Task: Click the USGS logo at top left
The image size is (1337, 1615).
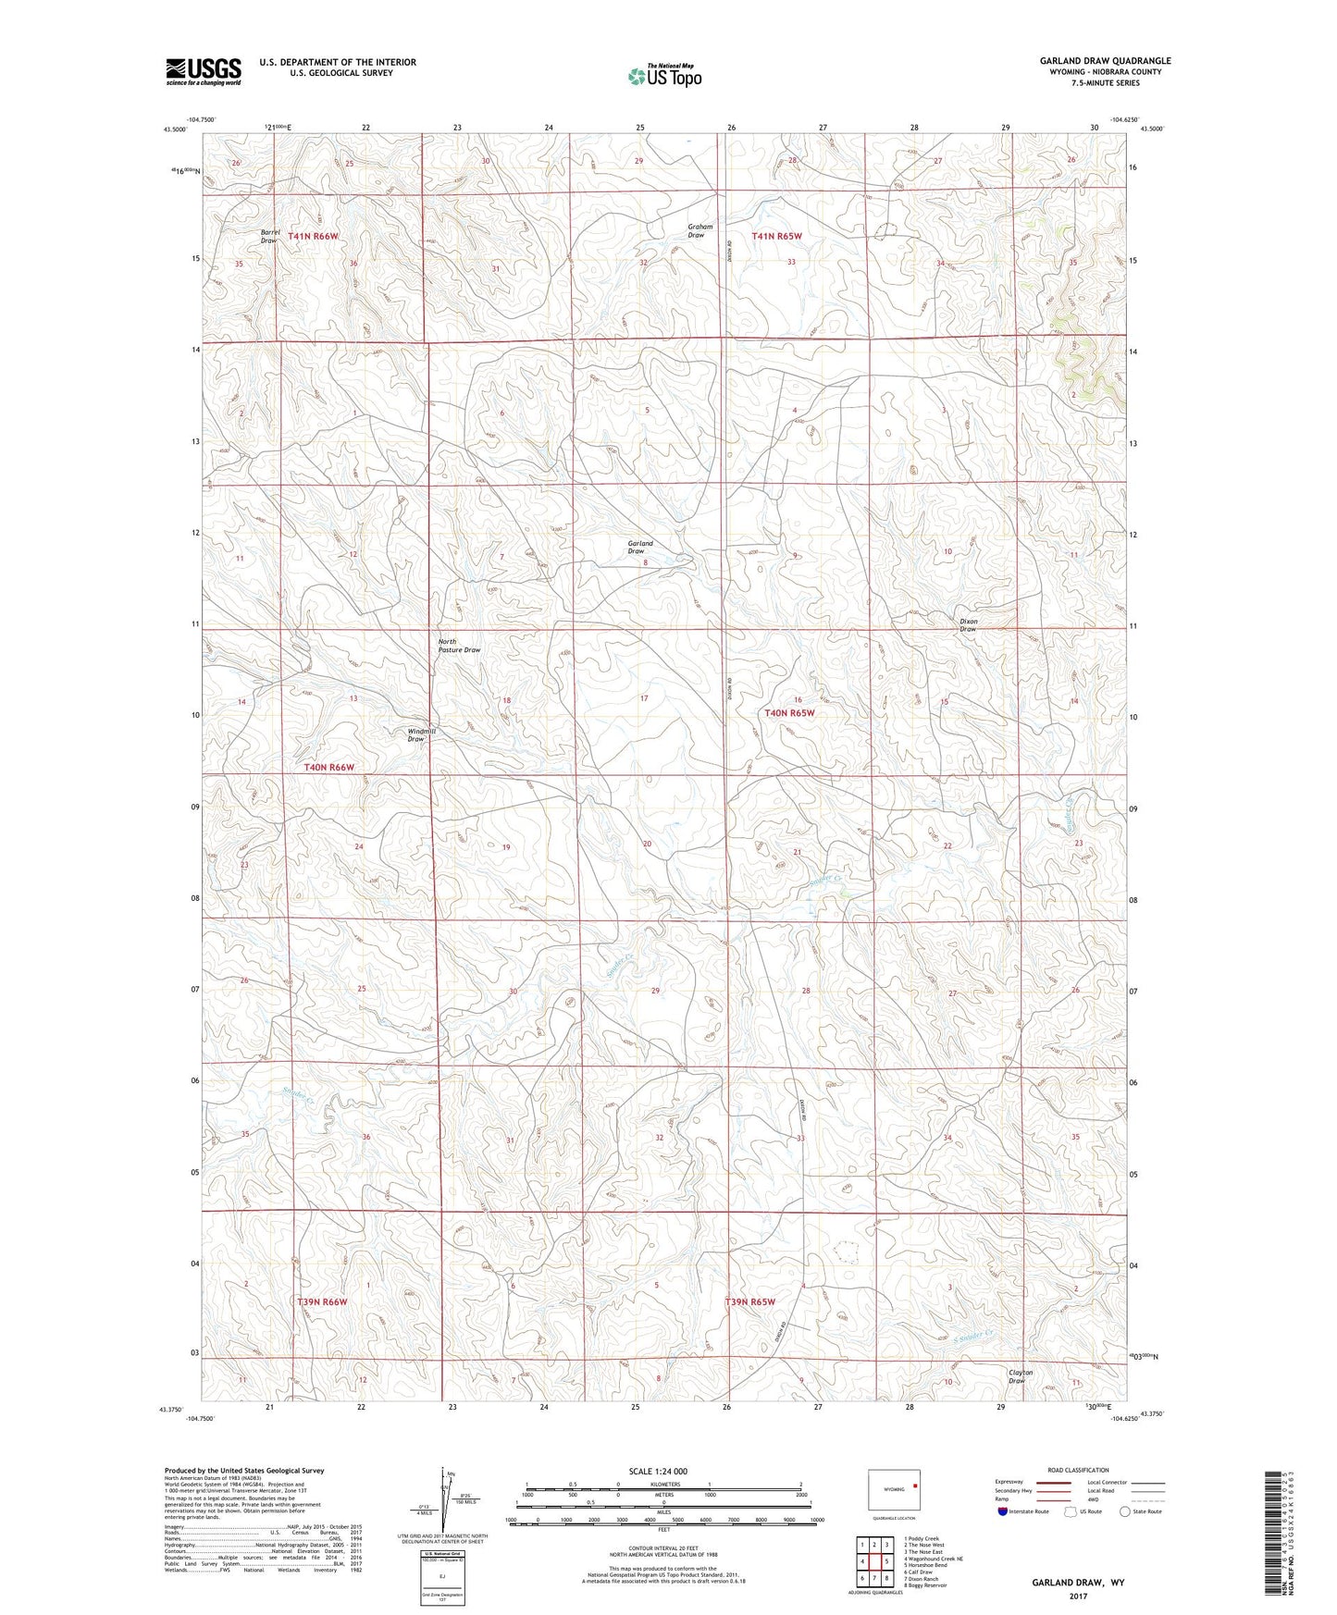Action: click(203, 71)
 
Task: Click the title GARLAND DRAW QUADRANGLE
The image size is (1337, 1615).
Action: click(1105, 61)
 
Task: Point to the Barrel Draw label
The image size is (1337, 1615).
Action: click(269, 236)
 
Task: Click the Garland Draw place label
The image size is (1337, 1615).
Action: click(639, 548)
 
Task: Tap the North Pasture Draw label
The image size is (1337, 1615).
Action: click(458, 646)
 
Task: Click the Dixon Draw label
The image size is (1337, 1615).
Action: click(968, 625)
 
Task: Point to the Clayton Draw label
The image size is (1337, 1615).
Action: click(1020, 1376)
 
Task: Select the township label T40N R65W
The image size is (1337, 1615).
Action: click(789, 713)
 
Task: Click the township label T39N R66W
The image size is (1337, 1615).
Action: click(322, 1301)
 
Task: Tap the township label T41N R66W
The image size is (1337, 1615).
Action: click(313, 237)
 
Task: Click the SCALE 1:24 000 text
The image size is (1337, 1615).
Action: click(662, 1471)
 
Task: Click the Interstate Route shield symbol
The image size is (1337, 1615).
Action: click(1003, 1511)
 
